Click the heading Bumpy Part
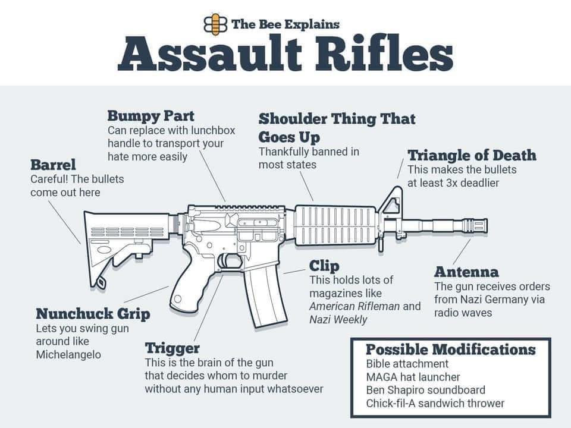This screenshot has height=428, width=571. [150, 115]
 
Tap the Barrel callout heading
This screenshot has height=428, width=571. [53, 164]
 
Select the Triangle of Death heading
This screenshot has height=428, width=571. [472, 156]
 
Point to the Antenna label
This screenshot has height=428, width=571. [466, 272]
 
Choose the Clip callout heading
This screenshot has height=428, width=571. [324, 266]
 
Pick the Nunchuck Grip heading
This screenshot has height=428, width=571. [93, 313]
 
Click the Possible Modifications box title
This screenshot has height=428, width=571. [450, 350]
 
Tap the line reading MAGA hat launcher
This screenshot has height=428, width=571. [413, 377]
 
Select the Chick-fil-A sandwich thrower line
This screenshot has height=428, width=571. [435, 403]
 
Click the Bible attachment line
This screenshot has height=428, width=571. [407, 364]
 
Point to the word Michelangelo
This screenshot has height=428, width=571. [68, 354]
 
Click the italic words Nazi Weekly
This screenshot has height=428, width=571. [338, 319]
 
